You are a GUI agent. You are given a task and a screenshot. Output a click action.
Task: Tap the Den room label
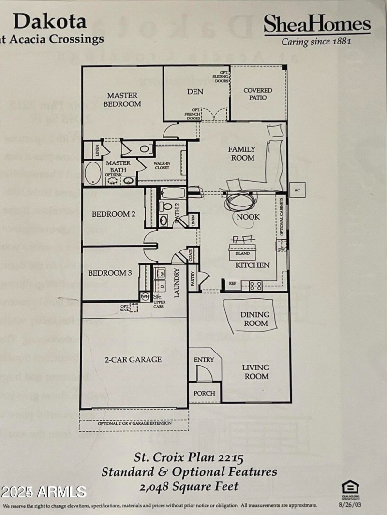195,92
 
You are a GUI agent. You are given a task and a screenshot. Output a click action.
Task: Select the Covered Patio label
258,94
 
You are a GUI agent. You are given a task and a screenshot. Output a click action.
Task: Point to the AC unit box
297,190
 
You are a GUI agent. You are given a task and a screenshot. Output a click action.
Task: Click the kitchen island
242,253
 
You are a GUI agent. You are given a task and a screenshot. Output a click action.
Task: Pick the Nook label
248,217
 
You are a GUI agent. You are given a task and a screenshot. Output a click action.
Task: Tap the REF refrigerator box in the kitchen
232,283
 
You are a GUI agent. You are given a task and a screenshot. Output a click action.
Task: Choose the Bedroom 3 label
110,273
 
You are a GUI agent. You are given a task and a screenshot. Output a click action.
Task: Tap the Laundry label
177,282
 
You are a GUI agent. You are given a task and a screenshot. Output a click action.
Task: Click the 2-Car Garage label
133,359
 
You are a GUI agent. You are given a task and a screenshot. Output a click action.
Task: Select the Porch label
204,393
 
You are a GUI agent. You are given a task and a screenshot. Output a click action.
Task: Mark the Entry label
204,360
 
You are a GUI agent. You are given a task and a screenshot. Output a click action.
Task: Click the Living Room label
255,371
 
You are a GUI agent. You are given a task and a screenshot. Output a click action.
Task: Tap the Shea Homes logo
317,29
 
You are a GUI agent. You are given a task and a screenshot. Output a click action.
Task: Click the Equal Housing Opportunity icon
350,489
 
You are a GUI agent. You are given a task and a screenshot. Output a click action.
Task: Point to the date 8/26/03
350,505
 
